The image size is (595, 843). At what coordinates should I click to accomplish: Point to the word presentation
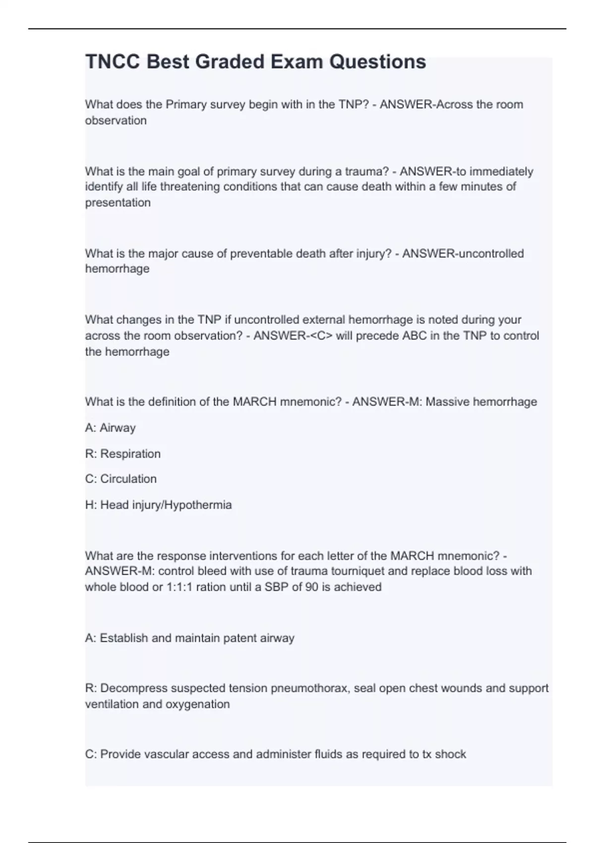click(x=118, y=203)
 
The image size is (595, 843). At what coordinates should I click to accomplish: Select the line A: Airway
click(x=110, y=428)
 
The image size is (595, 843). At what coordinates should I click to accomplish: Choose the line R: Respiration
click(x=122, y=454)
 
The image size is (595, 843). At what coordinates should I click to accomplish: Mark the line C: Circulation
click(x=120, y=479)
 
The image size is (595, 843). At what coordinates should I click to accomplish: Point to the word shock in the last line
click(x=450, y=755)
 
